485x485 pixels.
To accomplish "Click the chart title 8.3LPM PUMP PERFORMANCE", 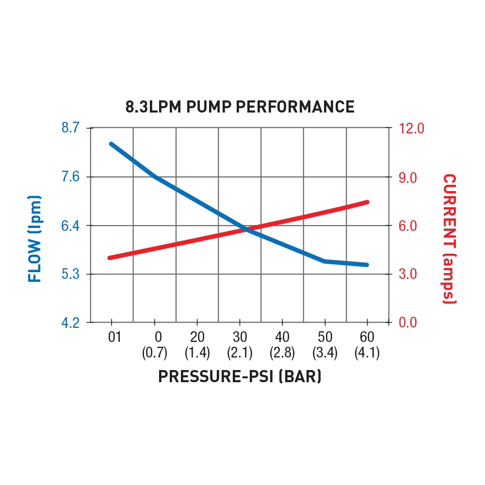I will click(x=240, y=107).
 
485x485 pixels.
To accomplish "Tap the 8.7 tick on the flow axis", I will click(x=70, y=129).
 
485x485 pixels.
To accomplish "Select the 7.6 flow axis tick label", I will click(x=70, y=177).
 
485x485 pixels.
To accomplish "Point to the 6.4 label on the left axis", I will click(x=70, y=226).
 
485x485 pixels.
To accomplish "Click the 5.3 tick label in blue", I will click(x=70, y=275).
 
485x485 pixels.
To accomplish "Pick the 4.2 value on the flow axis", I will click(x=70, y=323).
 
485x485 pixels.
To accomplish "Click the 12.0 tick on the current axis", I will click(x=411, y=129).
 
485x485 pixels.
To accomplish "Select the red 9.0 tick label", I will click(x=408, y=178).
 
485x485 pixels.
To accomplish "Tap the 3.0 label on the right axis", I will click(x=408, y=275).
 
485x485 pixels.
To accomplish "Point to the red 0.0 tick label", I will click(x=408, y=323).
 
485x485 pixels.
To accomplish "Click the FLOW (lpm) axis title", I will click(x=34, y=239).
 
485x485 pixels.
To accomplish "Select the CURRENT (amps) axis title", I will click(x=450, y=239).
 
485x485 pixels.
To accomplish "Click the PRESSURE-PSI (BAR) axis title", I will click(x=240, y=376).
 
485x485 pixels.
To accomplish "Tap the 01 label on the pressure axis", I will click(x=114, y=337).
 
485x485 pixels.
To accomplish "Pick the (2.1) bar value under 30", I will click(x=240, y=353).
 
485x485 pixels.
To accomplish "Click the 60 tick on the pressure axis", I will click(x=367, y=337).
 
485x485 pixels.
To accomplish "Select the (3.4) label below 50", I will click(x=325, y=353).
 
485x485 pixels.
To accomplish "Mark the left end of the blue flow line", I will click(x=112, y=144).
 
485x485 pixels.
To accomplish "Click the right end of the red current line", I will click(x=367, y=202).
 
